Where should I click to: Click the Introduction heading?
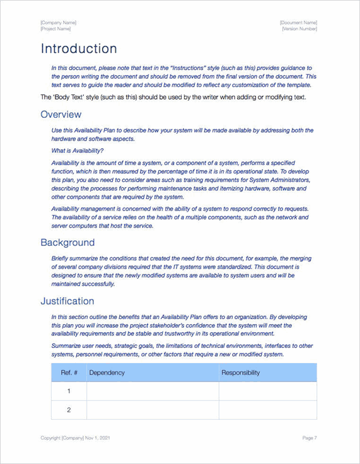pyautogui.click(x=79, y=49)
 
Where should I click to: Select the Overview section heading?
pyautogui.click(x=61, y=114)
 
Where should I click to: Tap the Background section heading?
pyautogui.click(x=67, y=242)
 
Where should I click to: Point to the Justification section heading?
pyautogui.click(x=67, y=301)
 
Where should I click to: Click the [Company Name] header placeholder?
pyautogui.click(x=58, y=23)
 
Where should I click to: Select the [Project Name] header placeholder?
pyautogui.click(x=55, y=29)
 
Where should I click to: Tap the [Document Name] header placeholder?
pyautogui.click(x=298, y=23)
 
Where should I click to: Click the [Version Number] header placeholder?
pyautogui.click(x=299, y=29)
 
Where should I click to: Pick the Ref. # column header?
pyautogui.click(x=69, y=373)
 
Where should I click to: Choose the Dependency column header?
pyautogui.click(x=107, y=373)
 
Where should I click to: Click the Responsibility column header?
pyautogui.click(x=240, y=373)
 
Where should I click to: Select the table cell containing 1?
pyautogui.click(x=69, y=391)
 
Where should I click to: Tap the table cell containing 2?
pyautogui.click(x=69, y=410)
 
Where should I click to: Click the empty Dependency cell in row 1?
pyautogui.click(x=153, y=391)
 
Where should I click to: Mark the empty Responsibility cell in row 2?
pyautogui.click(x=267, y=410)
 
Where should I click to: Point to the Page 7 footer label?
pyautogui.click(x=309, y=438)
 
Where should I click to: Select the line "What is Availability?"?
pyautogui.click(x=78, y=150)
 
